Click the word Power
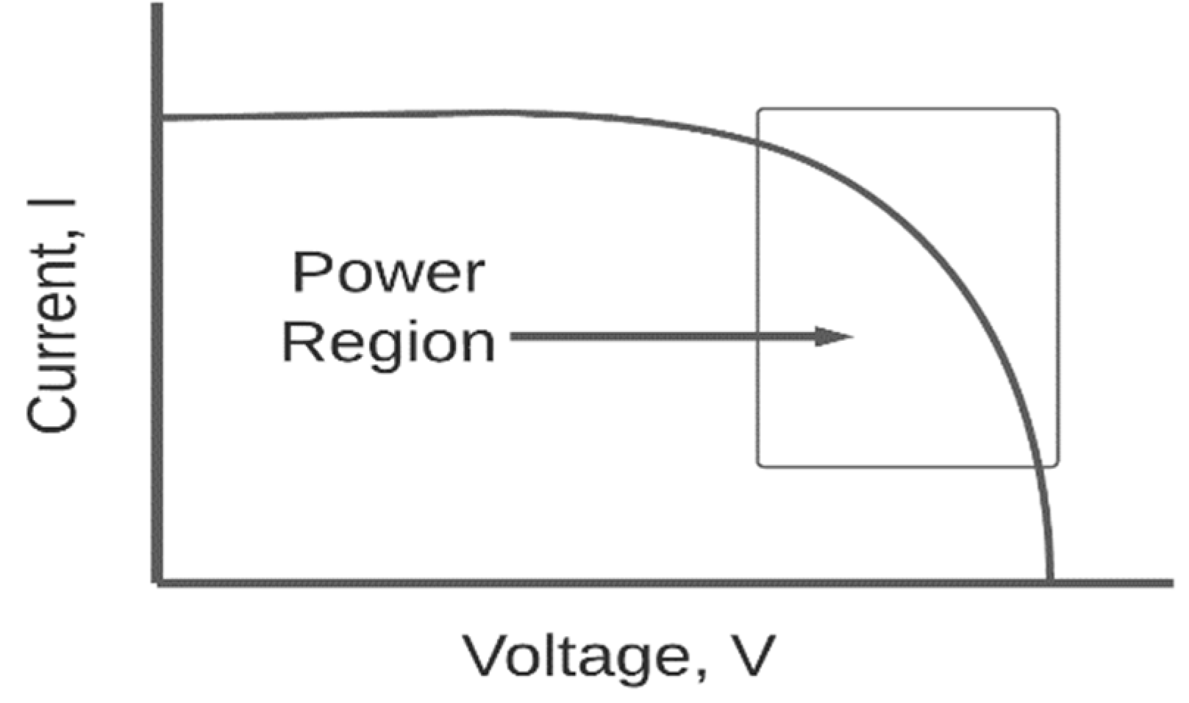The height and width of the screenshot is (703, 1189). click(x=388, y=273)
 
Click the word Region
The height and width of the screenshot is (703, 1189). click(x=388, y=342)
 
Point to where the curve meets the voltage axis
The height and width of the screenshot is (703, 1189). click(x=1049, y=580)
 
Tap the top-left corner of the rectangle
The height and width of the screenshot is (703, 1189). click(x=759, y=110)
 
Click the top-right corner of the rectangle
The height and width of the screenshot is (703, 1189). click(x=1057, y=110)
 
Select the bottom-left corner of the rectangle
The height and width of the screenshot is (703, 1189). click(x=759, y=465)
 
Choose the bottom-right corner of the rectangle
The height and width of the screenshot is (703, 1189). click(x=1057, y=465)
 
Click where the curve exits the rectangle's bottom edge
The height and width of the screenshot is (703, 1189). click(x=1038, y=466)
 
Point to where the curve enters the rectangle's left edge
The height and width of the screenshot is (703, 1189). click(x=758, y=143)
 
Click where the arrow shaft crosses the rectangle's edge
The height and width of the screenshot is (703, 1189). click(x=758, y=337)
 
